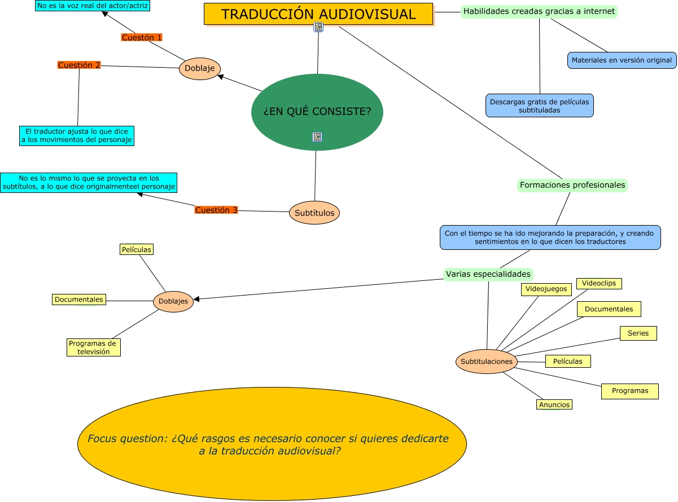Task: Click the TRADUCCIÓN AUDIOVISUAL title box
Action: pyautogui.click(x=318, y=14)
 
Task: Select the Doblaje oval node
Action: pyautogui.click(x=200, y=69)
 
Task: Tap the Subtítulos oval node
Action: pyautogui.click(x=314, y=213)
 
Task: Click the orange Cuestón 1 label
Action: pyautogui.click(x=142, y=38)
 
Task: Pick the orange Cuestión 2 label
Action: pyautogui.click(x=79, y=65)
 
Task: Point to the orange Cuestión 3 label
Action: pyautogui.click(x=216, y=210)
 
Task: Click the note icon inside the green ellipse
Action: pyautogui.click(x=317, y=137)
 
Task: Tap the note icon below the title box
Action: pyautogui.click(x=318, y=27)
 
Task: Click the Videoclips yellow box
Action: pyautogui.click(x=598, y=283)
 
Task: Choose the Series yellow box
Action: pyautogui.click(x=638, y=333)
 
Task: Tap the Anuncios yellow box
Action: pyautogui.click(x=554, y=404)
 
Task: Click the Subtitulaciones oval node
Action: pyautogui.click(x=487, y=362)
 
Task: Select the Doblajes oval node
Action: pyautogui.click(x=173, y=301)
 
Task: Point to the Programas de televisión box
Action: pyautogui.click(x=93, y=347)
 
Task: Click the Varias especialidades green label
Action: pyautogui.click(x=488, y=275)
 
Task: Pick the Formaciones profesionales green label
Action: pyautogui.click(x=572, y=185)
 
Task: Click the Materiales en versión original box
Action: pyautogui.click(x=622, y=60)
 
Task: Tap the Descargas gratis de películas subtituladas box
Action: pyautogui.click(x=539, y=106)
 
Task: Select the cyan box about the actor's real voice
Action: pyautogui.click(x=93, y=6)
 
